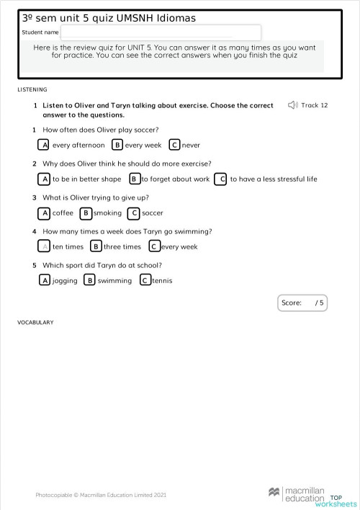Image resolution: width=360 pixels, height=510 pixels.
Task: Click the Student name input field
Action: [x=161, y=32]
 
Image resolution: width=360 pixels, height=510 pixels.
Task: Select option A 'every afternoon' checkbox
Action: [x=45, y=145]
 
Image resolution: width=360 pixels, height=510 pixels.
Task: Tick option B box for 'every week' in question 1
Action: [x=117, y=145]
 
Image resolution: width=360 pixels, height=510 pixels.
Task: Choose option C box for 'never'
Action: [x=174, y=145]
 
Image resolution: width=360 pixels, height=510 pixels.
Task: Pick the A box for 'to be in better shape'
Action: [x=45, y=179]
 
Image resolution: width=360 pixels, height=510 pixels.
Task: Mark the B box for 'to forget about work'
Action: [x=134, y=179]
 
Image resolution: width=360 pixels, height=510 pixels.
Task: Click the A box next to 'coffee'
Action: [x=45, y=213]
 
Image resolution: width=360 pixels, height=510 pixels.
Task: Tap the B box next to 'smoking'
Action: [x=86, y=213]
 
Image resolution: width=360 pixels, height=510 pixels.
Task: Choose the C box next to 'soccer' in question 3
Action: [x=133, y=213]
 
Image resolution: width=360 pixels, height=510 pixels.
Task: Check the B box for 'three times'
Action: [x=96, y=246]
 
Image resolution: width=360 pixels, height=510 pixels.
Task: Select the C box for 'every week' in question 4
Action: [x=154, y=246]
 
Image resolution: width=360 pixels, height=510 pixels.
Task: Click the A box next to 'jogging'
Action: [x=45, y=280]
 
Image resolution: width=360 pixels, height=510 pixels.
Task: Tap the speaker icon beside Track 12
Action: [x=292, y=105]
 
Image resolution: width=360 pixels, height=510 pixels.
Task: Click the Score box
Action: [x=302, y=303]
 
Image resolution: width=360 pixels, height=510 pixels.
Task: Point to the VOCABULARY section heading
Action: [x=35, y=323]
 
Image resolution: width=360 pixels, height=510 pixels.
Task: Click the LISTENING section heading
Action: [x=32, y=90]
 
